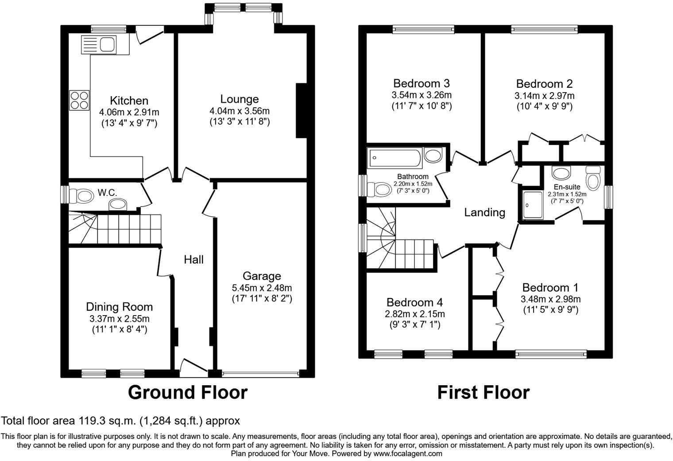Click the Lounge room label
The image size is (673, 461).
click(x=240, y=99)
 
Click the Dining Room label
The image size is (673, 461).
click(x=119, y=307)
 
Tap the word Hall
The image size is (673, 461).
click(x=194, y=260)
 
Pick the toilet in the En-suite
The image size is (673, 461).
click(x=592, y=178)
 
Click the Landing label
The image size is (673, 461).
click(x=484, y=213)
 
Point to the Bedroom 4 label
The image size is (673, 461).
click(x=414, y=302)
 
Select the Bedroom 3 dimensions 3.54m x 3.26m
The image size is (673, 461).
click(x=421, y=95)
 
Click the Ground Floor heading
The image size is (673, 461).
click(x=187, y=393)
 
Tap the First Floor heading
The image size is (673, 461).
click(x=483, y=393)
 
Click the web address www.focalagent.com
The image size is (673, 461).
click(x=407, y=454)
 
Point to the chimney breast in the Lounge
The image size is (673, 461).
click(x=301, y=110)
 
